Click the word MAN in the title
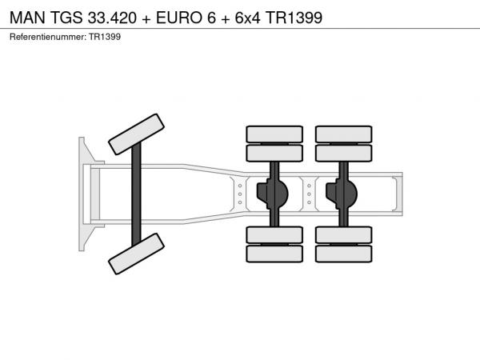[27, 18]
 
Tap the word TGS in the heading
[66, 18]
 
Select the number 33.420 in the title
[112, 18]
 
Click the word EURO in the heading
[179, 18]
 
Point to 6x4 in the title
[247, 18]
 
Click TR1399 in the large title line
[294, 18]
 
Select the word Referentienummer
[48, 37]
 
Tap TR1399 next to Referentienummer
[105, 37]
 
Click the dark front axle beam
[136, 194]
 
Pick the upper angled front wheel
[136, 134]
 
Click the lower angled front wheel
[136, 254]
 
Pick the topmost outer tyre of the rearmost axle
[344, 134]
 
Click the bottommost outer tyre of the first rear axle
[274, 254]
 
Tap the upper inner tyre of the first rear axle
[274, 153]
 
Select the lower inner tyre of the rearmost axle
[344, 235]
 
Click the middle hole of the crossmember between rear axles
[309, 194]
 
